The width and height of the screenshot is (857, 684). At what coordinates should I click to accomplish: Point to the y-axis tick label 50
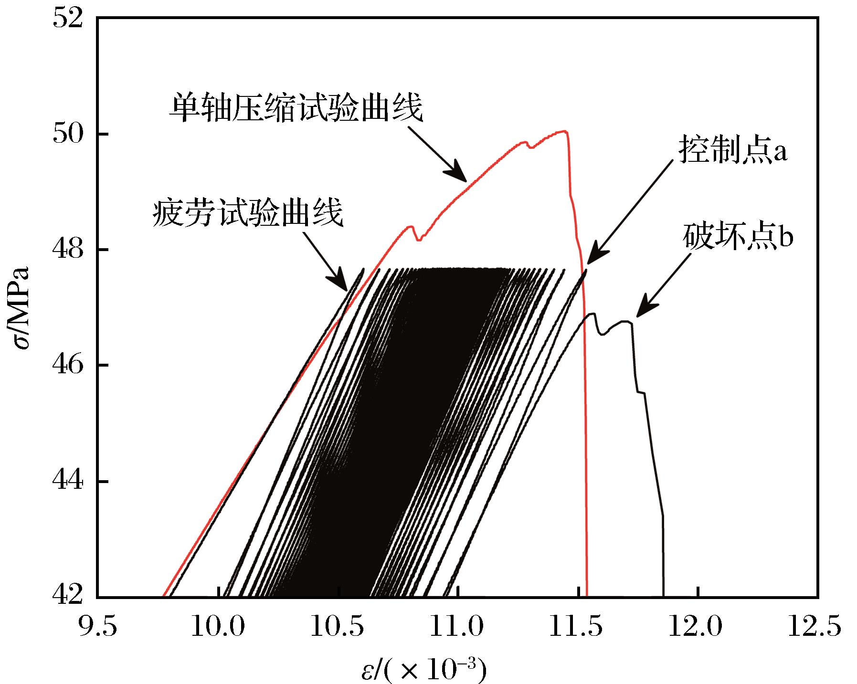tap(69, 135)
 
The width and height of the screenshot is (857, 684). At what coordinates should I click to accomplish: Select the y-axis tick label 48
tap(69, 250)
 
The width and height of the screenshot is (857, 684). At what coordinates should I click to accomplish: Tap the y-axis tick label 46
tap(69, 366)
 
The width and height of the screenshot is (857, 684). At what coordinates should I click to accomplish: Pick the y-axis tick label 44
tap(69, 482)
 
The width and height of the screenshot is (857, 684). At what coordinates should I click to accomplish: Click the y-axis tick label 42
tap(69, 597)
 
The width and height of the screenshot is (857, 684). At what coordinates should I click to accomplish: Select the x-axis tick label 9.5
tap(97, 626)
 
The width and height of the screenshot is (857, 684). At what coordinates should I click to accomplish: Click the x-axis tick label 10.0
tap(218, 626)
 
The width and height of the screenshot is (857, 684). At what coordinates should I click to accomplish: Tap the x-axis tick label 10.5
tap(338, 626)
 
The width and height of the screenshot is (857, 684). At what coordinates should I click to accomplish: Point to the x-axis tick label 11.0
tap(458, 626)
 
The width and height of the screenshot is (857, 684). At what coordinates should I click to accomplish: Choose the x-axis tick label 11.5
tap(578, 626)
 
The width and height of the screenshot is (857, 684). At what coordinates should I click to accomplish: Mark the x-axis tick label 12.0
tap(698, 626)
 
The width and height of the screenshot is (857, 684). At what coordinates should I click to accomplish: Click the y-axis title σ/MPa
tap(21, 308)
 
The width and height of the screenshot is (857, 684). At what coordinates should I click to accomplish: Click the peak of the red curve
tap(565, 131)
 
